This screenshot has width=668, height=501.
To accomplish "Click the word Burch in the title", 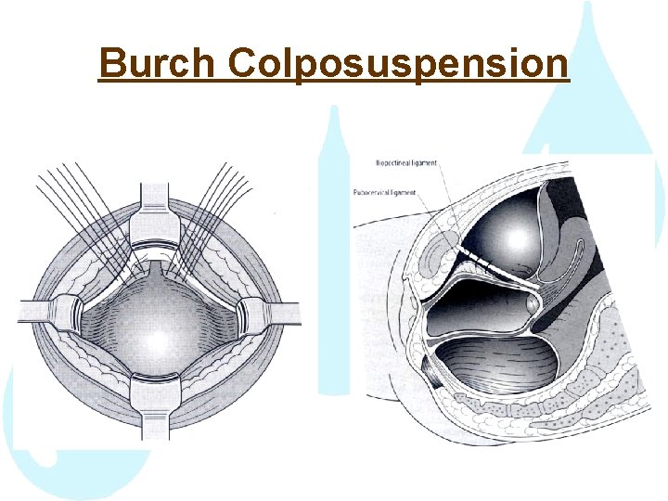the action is [157, 63].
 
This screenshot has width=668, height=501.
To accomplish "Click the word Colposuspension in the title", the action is [397, 63].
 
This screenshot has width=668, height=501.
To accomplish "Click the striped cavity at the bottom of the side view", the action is [496, 366].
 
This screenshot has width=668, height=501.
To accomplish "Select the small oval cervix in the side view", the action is [531, 303].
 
